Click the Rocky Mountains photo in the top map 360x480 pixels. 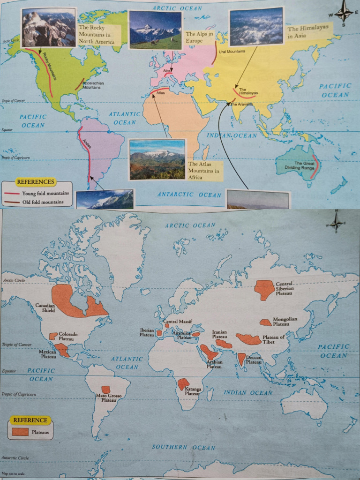pos(49,28)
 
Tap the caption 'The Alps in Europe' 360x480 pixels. pos(200,37)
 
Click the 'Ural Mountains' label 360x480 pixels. pos(232,51)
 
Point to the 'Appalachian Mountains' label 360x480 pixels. pos(93,85)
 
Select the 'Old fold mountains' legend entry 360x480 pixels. pos(45,202)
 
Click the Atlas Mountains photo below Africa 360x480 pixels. pos(157,159)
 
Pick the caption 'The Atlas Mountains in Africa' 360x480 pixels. pos(204,171)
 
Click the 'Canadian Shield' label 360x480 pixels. pos(45,307)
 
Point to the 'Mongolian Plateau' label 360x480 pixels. pos(285,322)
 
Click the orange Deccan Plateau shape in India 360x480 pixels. pos(241,359)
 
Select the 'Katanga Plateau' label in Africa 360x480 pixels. pos(192,391)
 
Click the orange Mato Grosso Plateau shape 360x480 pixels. pos(106,389)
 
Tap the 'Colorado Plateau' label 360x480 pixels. pos(68,336)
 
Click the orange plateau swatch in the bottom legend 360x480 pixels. pos(20,431)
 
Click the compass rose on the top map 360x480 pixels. pos(345,12)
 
